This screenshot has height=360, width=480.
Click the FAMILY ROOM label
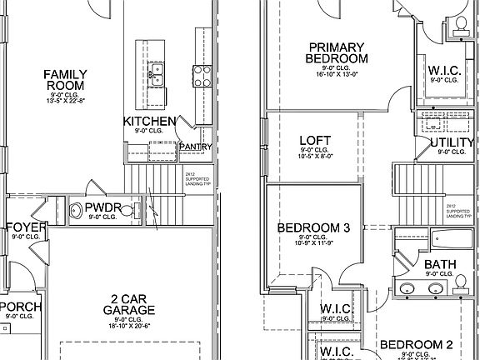[x=65, y=80]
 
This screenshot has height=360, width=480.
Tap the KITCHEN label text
[x=149, y=122]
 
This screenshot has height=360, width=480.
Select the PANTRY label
[x=195, y=147]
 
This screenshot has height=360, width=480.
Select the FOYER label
[x=24, y=227]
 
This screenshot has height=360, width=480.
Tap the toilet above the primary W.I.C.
[x=457, y=30]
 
